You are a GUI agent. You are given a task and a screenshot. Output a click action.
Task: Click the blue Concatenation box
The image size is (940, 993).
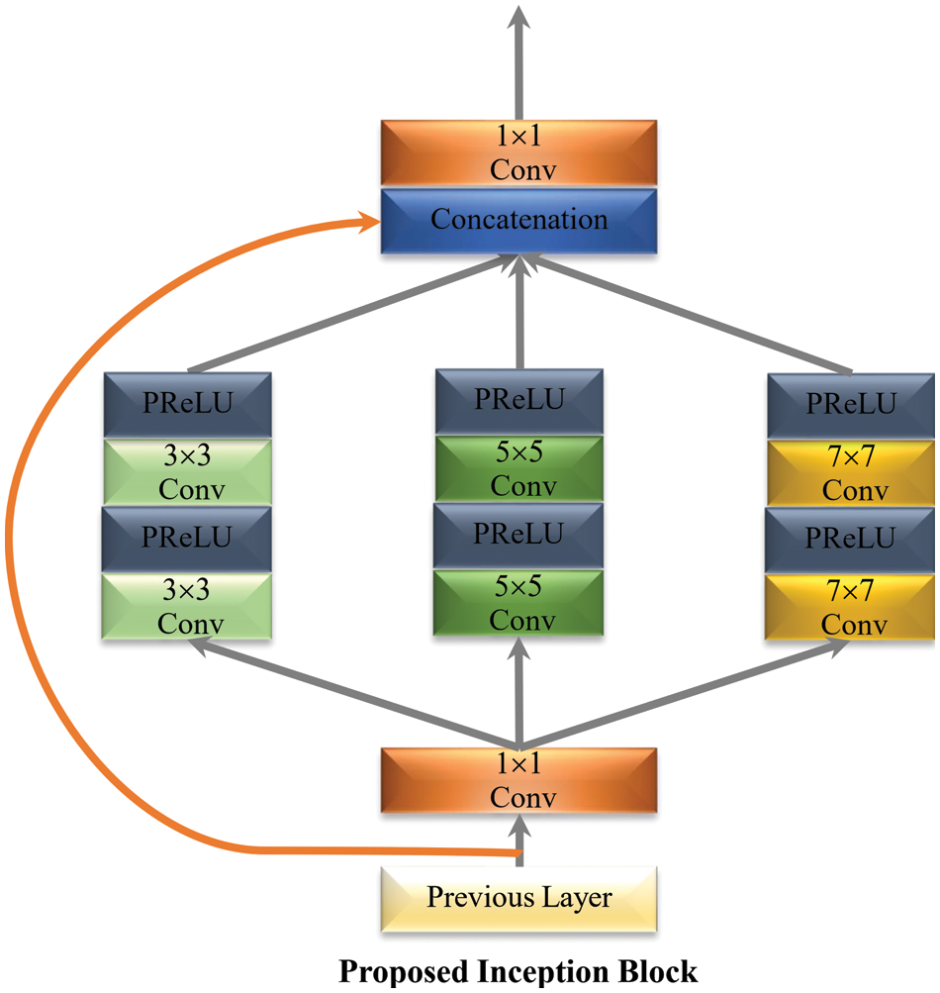[518, 220]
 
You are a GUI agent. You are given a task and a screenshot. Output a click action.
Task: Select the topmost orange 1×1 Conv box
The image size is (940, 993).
[518, 153]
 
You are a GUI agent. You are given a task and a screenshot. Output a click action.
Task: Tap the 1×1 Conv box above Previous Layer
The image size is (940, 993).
[518, 780]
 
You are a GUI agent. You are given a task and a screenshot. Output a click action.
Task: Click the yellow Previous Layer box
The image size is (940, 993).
[518, 899]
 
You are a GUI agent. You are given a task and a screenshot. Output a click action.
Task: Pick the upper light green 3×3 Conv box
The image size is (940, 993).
[188, 473]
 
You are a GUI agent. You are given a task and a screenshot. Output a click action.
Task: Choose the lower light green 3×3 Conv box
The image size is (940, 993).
[188, 607]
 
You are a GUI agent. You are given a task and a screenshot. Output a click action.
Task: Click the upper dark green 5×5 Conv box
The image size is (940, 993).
[518, 470]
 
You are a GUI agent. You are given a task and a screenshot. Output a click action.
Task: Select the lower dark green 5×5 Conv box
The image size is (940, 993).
[518, 603]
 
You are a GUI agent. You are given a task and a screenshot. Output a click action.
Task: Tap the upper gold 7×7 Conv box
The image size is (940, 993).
[851, 473]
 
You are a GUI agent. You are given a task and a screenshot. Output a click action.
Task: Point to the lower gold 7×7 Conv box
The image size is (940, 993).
[851, 607]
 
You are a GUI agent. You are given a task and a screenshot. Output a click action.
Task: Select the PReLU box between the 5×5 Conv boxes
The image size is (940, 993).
[518, 535]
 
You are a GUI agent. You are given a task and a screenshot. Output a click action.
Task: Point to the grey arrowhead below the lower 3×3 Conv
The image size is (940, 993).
[199, 646]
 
